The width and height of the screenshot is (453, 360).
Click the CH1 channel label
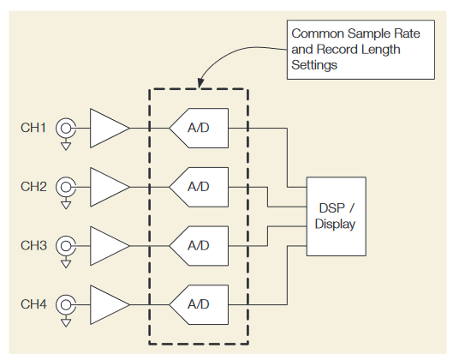click(x=33, y=129)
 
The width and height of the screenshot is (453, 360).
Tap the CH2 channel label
click(x=33, y=187)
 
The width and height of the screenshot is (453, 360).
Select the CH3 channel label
click(x=33, y=246)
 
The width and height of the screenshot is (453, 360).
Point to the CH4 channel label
click(x=33, y=304)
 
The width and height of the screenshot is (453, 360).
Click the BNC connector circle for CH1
click(x=64, y=129)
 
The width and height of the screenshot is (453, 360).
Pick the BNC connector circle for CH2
click(x=64, y=187)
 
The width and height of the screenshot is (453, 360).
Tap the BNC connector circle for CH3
click(x=64, y=246)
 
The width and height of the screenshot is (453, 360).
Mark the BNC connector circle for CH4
click(x=64, y=304)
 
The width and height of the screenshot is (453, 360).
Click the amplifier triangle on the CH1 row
click(x=106, y=129)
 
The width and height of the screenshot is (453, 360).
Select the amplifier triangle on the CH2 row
click(x=106, y=187)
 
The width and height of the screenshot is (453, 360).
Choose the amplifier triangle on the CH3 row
click(x=106, y=246)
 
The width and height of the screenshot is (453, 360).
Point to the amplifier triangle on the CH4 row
click(x=106, y=304)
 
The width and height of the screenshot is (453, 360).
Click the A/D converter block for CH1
click(x=200, y=129)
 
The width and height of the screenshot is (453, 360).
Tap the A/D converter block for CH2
click(x=200, y=187)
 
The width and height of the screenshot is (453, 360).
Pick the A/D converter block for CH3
click(x=200, y=246)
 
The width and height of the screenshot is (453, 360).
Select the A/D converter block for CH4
click(x=200, y=304)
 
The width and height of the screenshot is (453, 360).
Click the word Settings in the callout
click(x=314, y=64)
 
